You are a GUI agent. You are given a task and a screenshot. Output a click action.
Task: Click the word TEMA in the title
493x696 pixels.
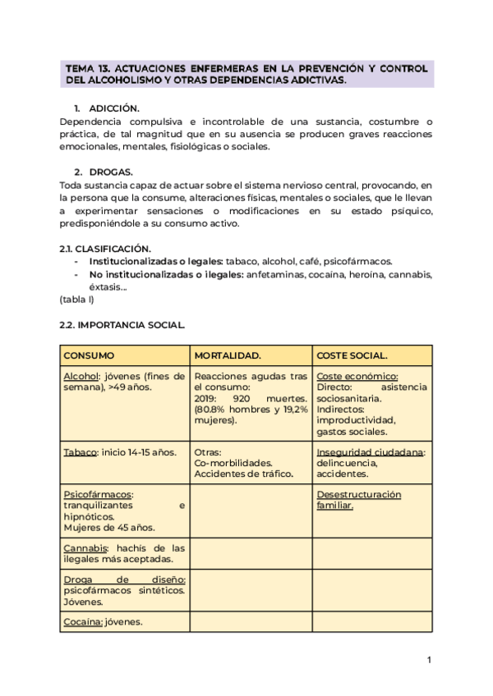tap(79, 69)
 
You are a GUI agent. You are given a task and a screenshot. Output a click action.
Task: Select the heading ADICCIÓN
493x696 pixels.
tap(114, 108)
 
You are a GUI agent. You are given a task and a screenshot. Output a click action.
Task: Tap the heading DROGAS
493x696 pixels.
tap(110, 172)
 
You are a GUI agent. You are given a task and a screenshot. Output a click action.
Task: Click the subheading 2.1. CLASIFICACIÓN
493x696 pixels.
tap(104, 248)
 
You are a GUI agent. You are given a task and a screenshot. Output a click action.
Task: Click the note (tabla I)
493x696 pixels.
tap(77, 300)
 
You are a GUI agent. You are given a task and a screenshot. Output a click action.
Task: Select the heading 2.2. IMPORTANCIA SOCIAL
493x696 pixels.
tap(122, 325)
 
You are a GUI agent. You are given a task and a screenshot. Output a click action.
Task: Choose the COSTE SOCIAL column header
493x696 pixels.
tap(352, 355)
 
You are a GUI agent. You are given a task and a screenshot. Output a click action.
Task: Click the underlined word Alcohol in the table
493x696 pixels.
tap(81, 375)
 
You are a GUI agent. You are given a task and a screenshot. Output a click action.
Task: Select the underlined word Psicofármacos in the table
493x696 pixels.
tap(98, 495)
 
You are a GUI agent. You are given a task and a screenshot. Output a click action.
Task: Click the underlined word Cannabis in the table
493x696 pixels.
tap(85, 547)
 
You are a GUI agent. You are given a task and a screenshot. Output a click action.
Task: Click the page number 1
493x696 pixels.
tap(429, 660)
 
